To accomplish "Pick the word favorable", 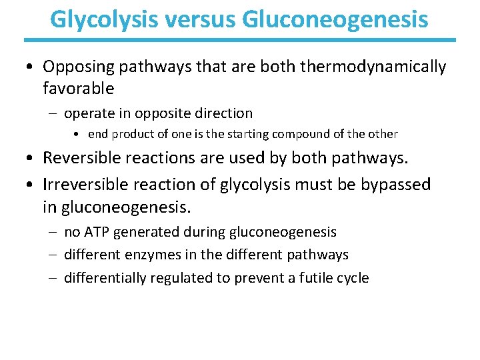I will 79,88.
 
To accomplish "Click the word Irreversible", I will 85,183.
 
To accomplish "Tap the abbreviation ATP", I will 96,232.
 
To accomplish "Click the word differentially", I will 105,278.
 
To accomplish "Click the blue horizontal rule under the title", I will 240,40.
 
